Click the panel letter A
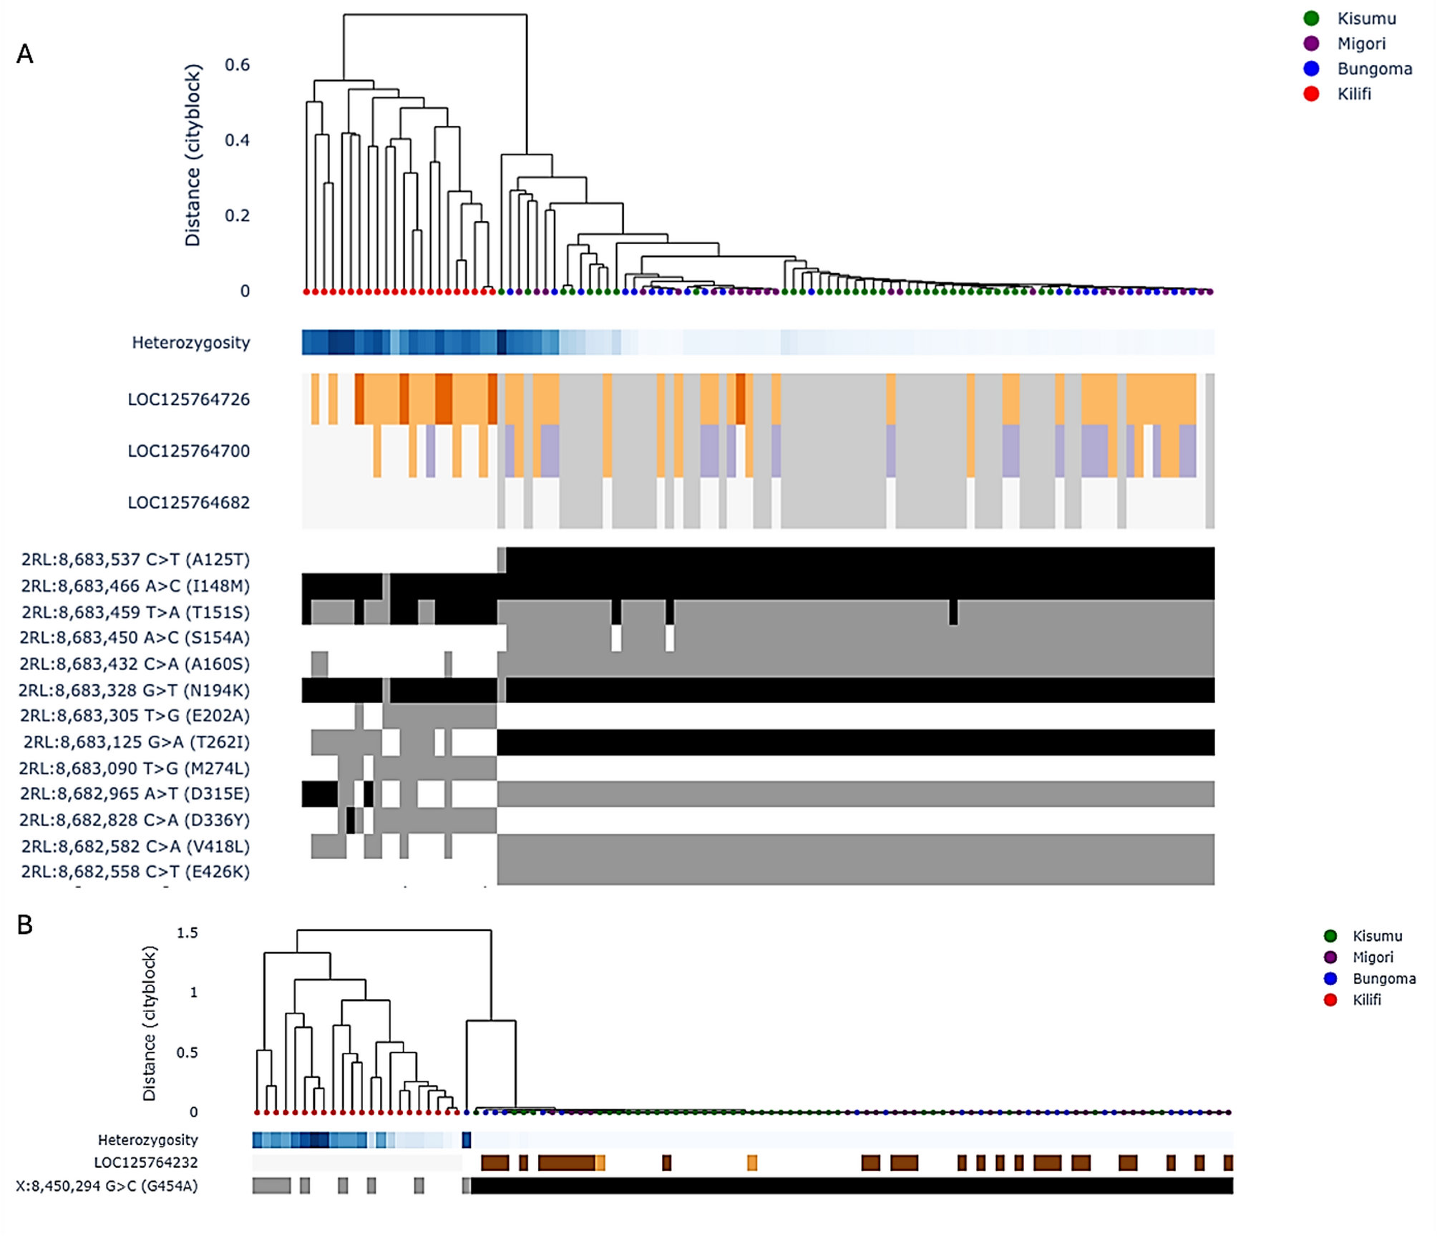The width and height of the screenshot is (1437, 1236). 25,54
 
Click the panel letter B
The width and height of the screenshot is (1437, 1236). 25,925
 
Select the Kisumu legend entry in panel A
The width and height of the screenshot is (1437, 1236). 1365,19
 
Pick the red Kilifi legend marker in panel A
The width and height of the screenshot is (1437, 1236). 1311,94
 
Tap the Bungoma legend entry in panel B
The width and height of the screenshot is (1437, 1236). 1383,978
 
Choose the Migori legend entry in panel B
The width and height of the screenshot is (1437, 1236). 1373,957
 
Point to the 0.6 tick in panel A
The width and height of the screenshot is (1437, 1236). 237,65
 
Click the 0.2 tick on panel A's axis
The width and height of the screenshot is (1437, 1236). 237,215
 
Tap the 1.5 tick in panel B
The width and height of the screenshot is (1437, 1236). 187,933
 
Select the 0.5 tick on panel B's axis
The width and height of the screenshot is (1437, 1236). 187,1052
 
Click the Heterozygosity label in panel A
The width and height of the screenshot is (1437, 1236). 190,343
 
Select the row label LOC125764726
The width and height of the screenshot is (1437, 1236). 188,399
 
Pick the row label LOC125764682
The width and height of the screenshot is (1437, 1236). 188,502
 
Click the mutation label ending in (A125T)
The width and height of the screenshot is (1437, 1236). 135,560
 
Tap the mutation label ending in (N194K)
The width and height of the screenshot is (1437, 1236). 134,690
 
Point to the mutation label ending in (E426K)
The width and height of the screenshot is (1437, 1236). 135,872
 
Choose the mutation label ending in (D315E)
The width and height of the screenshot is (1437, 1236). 135,794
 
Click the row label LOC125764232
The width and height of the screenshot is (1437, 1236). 145,1162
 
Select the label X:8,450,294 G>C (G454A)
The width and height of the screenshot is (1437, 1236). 107,1186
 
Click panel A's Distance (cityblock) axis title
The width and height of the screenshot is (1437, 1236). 193,155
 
